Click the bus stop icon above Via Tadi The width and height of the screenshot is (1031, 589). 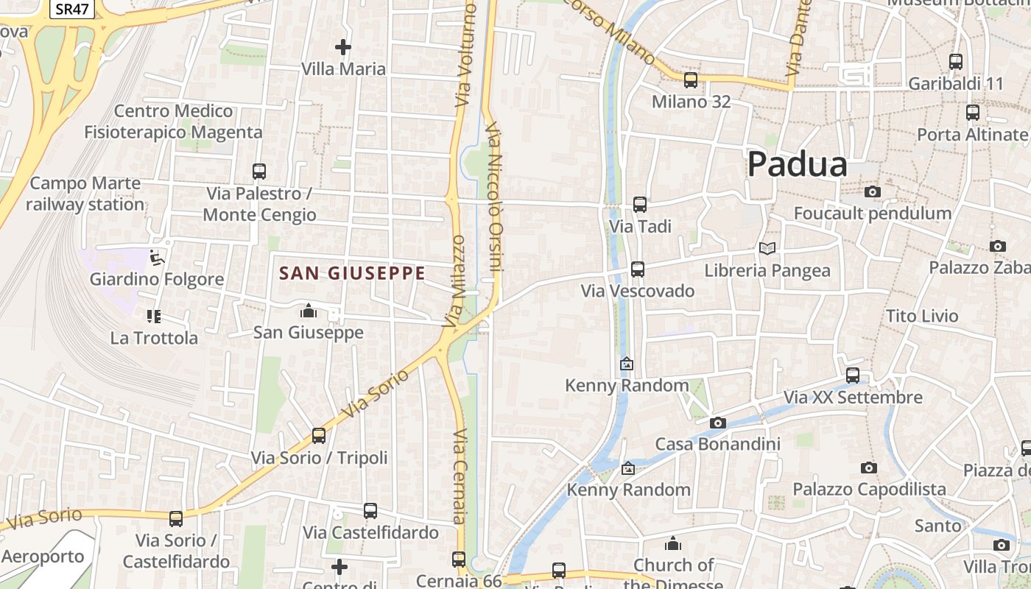click(640, 205)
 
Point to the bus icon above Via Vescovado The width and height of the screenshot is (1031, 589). click(638, 269)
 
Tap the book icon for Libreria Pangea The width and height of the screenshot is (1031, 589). click(767, 249)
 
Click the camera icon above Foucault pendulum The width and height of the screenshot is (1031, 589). click(873, 192)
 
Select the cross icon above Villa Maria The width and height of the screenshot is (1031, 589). click(343, 48)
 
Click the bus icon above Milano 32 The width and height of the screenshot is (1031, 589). click(691, 80)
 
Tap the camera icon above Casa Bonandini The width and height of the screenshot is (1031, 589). click(717, 423)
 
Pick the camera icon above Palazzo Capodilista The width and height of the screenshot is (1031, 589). click(869, 468)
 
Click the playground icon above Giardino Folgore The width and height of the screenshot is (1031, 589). click(156, 258)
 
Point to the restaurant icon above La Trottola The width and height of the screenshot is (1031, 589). click(154, 317)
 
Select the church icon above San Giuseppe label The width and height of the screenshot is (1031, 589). click(309, 311)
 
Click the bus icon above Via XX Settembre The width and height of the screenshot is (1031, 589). click(853, 375)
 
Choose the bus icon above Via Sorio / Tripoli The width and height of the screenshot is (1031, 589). click(319, 436)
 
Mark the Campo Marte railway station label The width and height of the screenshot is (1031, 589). click(85, 194)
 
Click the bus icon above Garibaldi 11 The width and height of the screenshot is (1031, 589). click(956, 62)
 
